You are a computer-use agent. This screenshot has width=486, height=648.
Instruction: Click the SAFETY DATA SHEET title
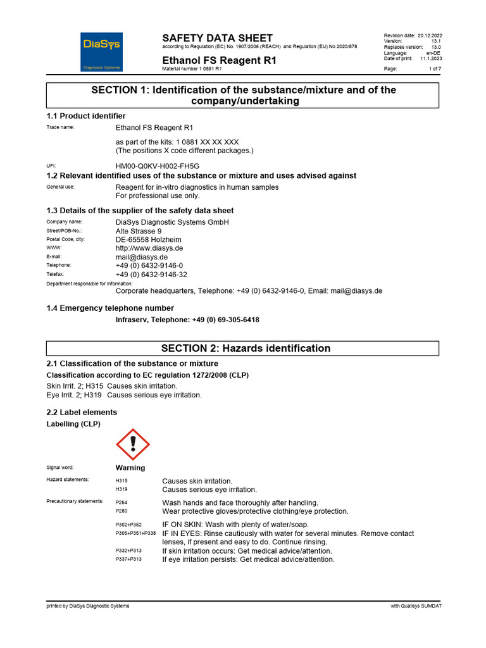pyautogui.click(x=217, y=38)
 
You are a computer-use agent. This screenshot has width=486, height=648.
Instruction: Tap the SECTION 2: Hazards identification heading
pyautogui.click(x=246, y=348)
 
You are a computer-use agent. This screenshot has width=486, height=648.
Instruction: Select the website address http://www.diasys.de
pyautogui.click(x=149, y=249)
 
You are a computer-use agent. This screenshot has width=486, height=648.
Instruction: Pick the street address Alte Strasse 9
pyautogui.click(x=139, y=231)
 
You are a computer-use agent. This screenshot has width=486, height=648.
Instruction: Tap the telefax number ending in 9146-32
pyautogui.click(x=151, y=275)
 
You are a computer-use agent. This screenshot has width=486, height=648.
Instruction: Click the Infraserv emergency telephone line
pyautogui.click(x=187, y=320)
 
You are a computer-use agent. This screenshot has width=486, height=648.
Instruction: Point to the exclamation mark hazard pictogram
pyautogui.click(x=133, y=444)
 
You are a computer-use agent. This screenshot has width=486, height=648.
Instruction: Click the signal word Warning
pyautogui.click(x=130, y=468)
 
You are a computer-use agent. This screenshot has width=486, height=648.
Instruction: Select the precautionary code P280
pyautogui.click(x=121, y=511)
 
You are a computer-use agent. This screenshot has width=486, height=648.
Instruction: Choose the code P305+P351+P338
pyautogui.click(x=135, y=534)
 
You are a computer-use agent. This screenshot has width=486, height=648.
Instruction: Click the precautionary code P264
pyautogui.click(x=121, y=502)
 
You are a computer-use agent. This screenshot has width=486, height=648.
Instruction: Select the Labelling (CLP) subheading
pyautogui.click(x=73, y=423)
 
